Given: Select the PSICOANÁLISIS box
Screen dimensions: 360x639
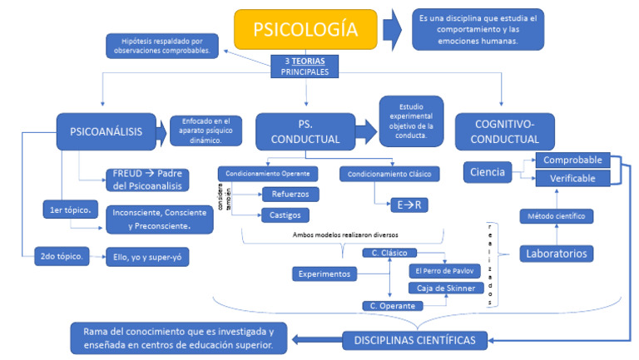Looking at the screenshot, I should coord(106,131).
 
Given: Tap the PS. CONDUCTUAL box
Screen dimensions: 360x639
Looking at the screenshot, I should coord(305,131).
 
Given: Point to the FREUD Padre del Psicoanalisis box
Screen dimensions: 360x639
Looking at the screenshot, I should coord(146,180).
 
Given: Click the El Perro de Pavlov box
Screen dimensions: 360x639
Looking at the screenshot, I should coord(440,271).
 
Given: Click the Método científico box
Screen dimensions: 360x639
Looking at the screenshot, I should coord(556,216).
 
